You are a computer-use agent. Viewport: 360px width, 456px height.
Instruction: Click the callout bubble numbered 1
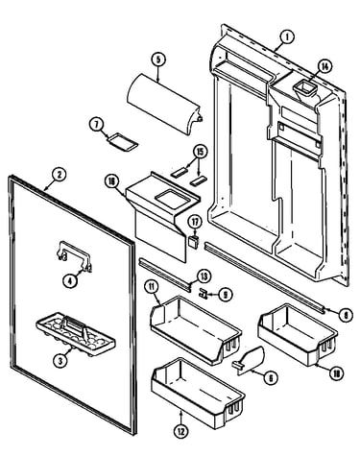pos(287,37)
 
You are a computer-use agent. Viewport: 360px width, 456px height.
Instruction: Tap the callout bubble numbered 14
pos(324,66)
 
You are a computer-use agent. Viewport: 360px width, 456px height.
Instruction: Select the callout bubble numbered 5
pos(158,60)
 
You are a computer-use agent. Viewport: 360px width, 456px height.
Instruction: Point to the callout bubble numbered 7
pos(96,125)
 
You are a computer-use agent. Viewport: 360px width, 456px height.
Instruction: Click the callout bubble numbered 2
pos(59,175)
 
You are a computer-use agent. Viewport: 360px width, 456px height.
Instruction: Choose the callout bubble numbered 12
pos(180,431)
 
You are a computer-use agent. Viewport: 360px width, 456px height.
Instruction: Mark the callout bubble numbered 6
pos(271,378)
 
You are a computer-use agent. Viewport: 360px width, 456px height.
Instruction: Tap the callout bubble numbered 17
pos(195,222)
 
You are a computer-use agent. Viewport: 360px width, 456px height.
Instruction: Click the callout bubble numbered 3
pos(60,361)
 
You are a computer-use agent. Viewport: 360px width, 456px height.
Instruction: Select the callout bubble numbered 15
pos(200,152)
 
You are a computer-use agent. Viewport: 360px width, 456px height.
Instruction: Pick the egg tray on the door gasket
pos(76,334)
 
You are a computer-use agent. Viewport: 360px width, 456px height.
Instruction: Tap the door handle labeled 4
pos(75,255)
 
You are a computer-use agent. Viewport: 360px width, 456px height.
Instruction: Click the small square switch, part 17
pos(193,241)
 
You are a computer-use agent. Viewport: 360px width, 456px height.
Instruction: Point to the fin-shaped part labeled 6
pos(250,360)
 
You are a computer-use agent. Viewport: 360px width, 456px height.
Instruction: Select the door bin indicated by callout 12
pos(198,394)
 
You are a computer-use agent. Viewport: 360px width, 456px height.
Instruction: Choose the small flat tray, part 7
pos(123,141)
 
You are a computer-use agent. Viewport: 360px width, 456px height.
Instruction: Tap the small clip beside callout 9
pos(204,293)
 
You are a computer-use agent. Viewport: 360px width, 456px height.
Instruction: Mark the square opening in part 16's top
pos(172,201)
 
